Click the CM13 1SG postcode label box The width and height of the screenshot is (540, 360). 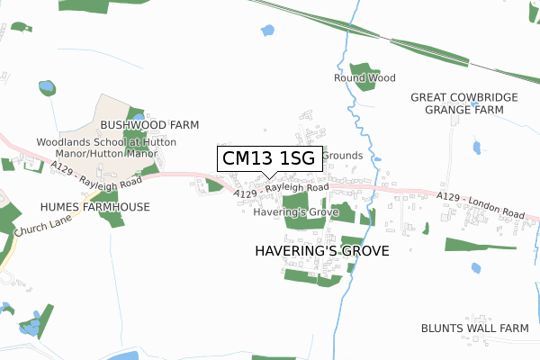267,158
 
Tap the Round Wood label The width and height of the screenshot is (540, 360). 364,78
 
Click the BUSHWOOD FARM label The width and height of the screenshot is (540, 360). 149,125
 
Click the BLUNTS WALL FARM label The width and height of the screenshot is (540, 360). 474,328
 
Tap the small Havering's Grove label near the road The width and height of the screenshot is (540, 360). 296,212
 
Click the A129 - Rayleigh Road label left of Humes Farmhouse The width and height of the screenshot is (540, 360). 96,175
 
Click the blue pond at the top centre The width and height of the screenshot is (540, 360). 266,31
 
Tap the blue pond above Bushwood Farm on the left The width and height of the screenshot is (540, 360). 47,88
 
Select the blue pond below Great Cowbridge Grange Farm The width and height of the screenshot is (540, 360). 476,147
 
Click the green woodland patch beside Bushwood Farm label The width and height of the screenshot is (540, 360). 135,114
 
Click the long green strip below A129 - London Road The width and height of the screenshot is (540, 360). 479,244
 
